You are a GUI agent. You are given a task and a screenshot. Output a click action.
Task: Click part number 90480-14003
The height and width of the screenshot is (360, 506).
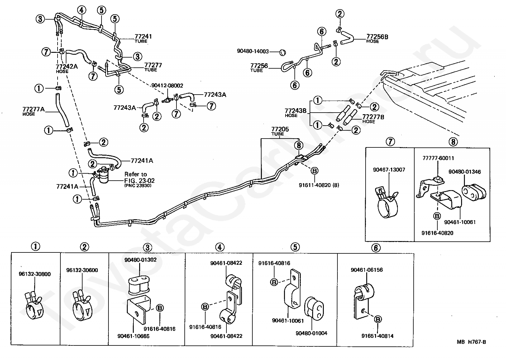pos(253,51)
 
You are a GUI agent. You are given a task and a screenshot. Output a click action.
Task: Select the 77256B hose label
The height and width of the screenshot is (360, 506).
pos(377,38)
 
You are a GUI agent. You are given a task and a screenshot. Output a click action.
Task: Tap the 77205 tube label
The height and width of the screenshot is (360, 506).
pos(280,131)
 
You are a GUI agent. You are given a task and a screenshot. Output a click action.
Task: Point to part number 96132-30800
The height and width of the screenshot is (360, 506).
pos(34,274)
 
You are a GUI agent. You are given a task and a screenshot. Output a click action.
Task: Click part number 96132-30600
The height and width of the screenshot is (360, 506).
pos(82,270)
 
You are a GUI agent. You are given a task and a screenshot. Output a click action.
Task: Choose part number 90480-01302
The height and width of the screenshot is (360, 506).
pos(140,260)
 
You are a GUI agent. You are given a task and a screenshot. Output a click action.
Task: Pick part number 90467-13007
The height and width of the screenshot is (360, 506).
pos(389,170)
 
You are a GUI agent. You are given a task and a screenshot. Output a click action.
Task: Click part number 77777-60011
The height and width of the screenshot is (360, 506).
pos(438,158)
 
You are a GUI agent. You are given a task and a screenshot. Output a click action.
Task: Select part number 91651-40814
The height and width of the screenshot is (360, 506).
pos(377,336)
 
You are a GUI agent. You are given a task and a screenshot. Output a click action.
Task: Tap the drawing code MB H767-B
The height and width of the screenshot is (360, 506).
pos(471,342)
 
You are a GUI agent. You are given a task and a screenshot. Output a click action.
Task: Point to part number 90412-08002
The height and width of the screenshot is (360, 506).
pos(167,86)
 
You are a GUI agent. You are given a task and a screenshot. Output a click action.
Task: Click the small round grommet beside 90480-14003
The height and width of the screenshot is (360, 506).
pos(282,53)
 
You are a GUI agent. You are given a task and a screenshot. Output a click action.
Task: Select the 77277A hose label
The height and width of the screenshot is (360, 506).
pos(34,111)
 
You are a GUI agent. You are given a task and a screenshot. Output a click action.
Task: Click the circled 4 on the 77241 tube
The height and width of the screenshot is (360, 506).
pos(82,10)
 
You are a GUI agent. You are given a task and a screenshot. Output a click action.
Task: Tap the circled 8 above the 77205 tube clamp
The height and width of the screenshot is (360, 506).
pos(299,145)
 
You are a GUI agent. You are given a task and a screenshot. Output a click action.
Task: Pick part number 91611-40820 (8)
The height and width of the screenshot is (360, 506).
pos(319,185)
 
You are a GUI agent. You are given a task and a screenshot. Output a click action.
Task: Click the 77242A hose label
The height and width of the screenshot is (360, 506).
pos(67,68)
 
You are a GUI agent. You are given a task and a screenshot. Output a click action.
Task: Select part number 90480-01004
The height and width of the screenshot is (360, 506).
pos(311,333)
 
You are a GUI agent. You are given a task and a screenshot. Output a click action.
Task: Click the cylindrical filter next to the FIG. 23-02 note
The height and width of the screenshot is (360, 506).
pos(104,175)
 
